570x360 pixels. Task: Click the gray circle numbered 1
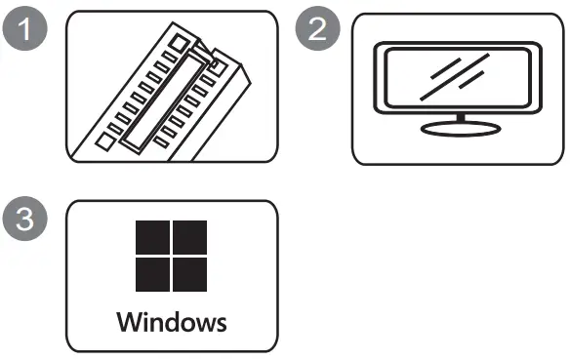pos(25,28)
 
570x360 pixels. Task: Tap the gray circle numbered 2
pos(318,28)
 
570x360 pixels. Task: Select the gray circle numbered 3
pos(25,219)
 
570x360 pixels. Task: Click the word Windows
pos(172,322)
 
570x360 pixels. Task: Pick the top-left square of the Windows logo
pos(152,238)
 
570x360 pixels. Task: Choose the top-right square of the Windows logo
pos(189,238)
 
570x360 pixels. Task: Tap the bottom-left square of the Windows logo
pos(152,274)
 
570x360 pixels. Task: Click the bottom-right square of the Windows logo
pos(189,274)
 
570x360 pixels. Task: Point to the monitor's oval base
pos(461,129)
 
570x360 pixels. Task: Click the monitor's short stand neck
pos(461,118)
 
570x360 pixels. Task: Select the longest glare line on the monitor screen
pos(455,77)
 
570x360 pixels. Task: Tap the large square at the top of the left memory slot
pos(178,43)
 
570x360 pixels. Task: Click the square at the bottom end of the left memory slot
pos(105,141)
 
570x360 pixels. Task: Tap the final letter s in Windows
pos(221,325)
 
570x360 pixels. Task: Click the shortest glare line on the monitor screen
pos(471,80)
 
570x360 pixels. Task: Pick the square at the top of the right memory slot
pos(217,66)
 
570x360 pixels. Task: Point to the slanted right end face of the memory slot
pos(246,74)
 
